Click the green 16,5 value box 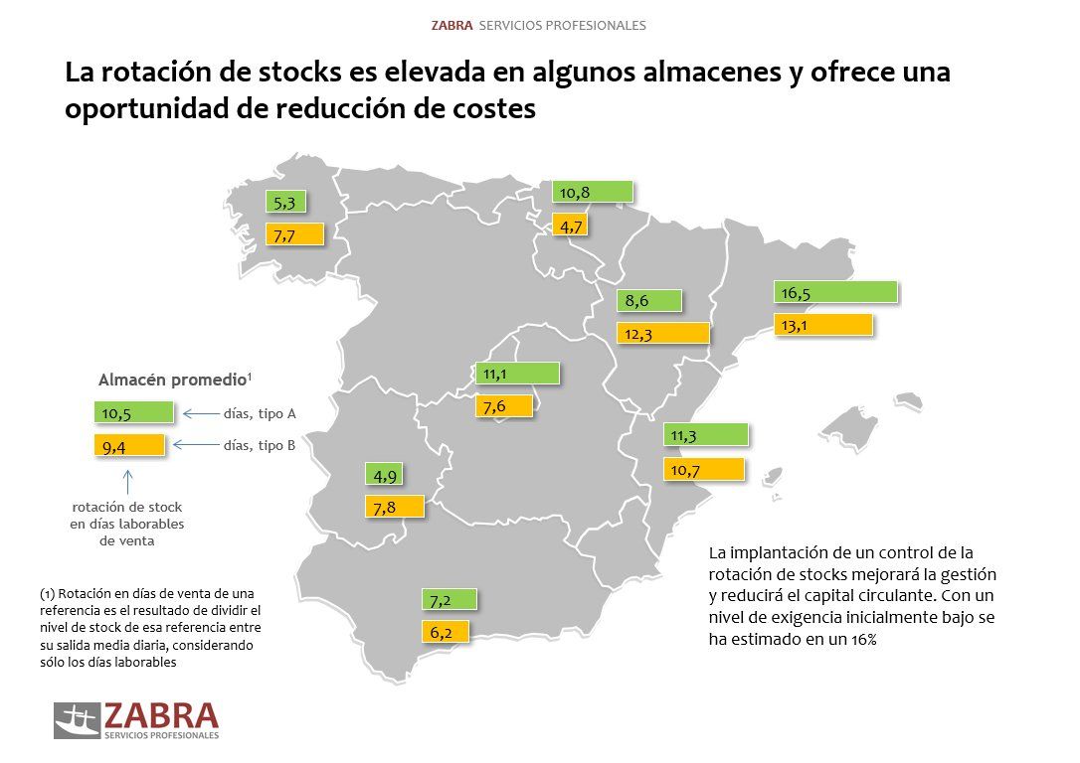[835, 292]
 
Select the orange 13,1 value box [822, 325]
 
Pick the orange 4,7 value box [571, 226]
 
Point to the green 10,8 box [593, 193]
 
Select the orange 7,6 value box [503, 405]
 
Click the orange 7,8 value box [395, 507]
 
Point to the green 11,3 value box [705, 435]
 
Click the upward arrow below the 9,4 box [126, 481]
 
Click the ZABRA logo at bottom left [136, 719]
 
